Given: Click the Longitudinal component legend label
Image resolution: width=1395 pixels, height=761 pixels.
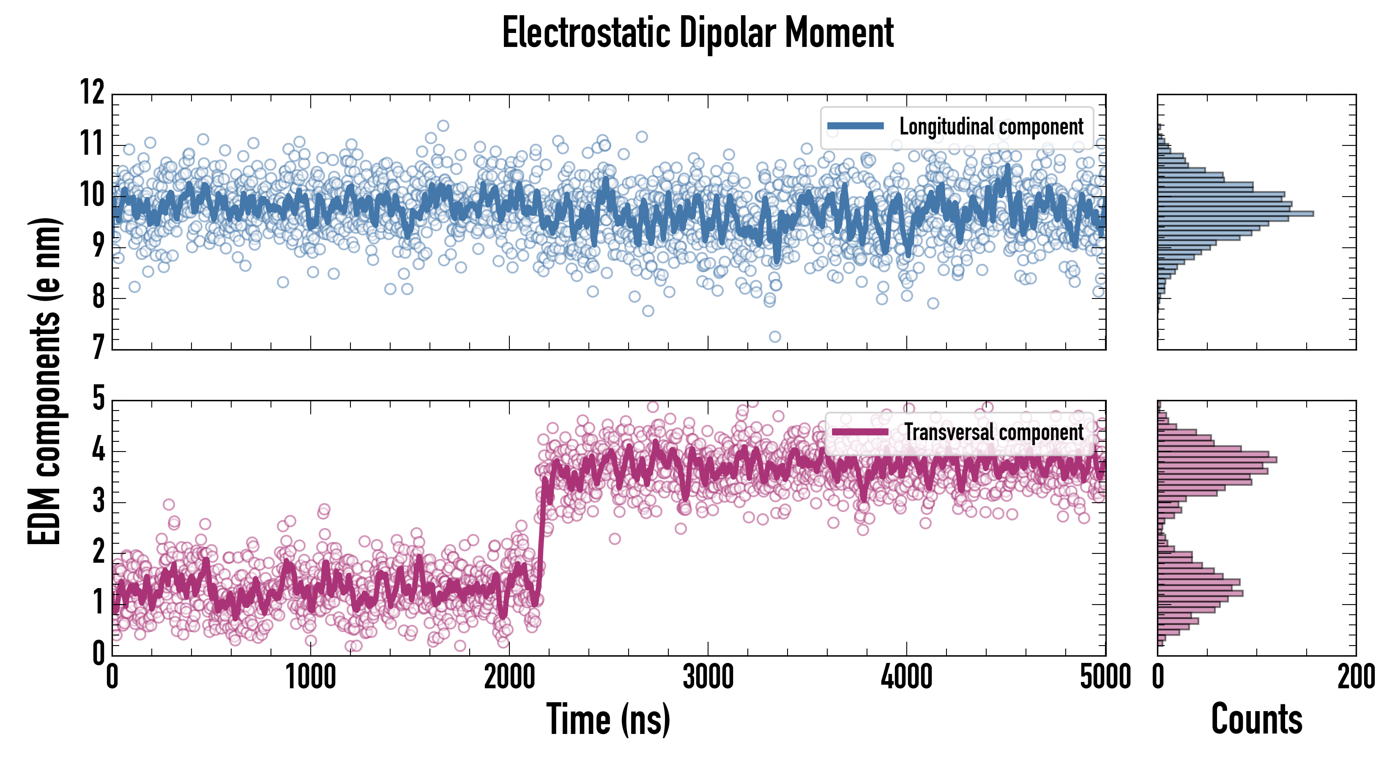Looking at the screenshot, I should point(991,127).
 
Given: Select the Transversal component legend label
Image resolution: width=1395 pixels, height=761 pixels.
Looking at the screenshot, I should point(994,432).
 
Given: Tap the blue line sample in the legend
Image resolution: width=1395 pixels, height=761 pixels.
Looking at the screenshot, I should point(856,126).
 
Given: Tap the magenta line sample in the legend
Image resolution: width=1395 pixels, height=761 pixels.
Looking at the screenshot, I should point(860,432).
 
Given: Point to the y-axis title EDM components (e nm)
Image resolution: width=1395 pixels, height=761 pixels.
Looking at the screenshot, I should point(44,381).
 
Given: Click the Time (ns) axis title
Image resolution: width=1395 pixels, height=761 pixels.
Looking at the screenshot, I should point(608,719).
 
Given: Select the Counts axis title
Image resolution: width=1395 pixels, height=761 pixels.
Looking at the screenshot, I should point(1256,719).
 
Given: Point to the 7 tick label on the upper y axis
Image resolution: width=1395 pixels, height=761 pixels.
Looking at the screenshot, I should point(98,347).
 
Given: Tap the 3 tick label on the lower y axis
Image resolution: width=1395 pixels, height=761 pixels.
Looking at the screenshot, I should point(98,501).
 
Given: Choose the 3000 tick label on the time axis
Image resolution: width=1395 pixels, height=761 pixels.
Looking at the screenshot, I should point(708,677).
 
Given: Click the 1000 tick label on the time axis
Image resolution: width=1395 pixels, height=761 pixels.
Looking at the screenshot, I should point(311,677).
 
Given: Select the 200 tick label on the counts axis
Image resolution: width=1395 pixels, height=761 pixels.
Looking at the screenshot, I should point(1356,677).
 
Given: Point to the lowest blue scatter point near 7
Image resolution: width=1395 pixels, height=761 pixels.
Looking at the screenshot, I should point(775,337).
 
